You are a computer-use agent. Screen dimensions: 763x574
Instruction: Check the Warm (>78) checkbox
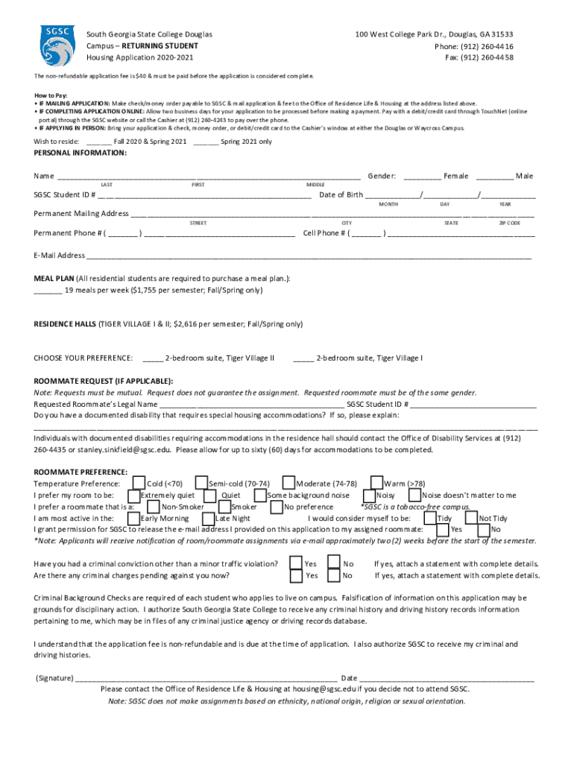click(377, 484)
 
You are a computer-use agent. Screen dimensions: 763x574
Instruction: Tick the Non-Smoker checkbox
click(153, 507)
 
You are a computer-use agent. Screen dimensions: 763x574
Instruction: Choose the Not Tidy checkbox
click(470, 518)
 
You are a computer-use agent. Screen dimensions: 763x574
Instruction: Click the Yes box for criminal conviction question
click(296, 564)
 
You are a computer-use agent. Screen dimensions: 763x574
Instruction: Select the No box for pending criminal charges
click(334, 576)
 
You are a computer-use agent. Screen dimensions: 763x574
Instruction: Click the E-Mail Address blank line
click(309, 256)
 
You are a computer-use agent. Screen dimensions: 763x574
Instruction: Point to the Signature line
click(205, 679)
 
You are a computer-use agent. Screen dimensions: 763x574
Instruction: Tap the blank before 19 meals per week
click(48, 291)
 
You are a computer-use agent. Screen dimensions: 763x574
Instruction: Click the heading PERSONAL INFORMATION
click(81, 153)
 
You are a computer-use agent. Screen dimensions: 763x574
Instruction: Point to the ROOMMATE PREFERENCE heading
click(81, 472)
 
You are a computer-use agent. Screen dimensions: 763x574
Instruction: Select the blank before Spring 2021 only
click(205, 142)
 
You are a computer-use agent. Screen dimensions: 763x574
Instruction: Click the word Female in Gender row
click(456, 177)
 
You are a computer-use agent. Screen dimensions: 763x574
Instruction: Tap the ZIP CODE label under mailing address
click(509, 223)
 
